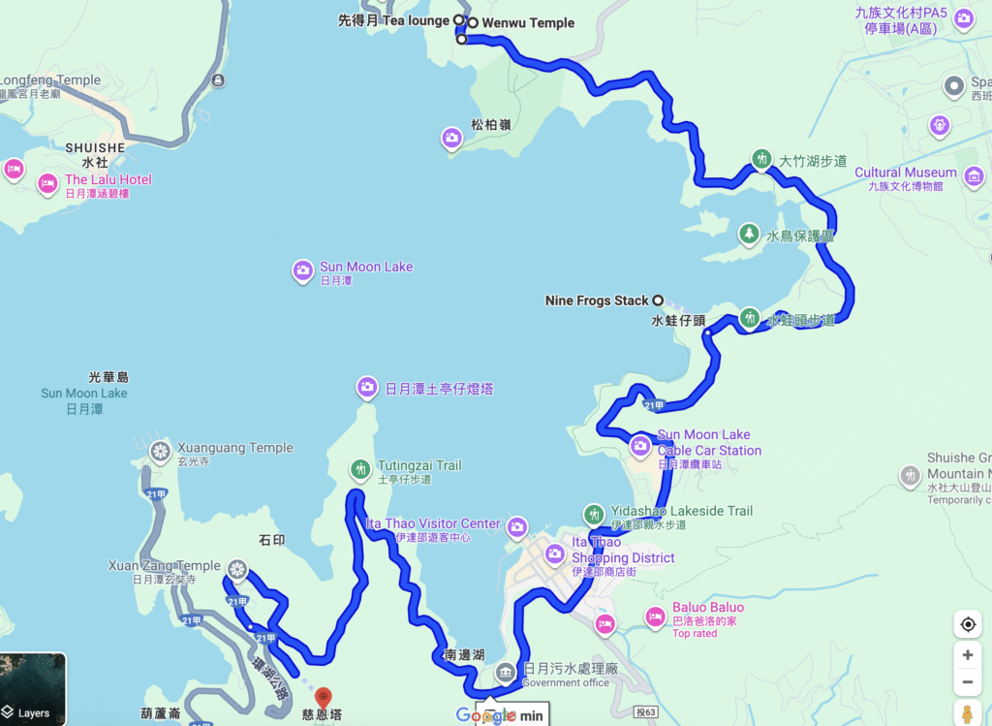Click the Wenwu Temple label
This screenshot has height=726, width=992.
(528, 22)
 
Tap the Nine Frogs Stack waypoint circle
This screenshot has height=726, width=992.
(658, 300)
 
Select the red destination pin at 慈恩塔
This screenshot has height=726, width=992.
(324, 697)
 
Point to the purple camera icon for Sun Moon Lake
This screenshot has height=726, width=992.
(303, 270)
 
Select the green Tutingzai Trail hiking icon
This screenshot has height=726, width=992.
(360, 470)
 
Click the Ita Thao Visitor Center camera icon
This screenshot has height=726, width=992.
(517, 526)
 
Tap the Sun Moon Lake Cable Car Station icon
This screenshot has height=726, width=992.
(640, 446)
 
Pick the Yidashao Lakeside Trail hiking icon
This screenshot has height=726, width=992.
(594, 514)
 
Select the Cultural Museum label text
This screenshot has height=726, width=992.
(905, 173)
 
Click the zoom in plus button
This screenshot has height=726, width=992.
(968, 655)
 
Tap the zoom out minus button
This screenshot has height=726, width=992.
(968, 684)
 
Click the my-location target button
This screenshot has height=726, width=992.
(968, 624)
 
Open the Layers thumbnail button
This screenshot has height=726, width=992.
(33, 688)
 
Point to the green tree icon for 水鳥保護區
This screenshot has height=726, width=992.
(748, 234)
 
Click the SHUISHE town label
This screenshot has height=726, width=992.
(95, 147)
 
